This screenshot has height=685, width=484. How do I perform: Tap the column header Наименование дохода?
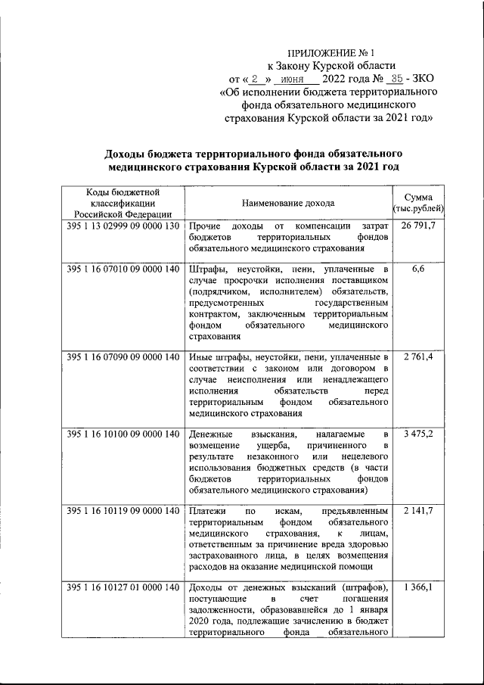288,204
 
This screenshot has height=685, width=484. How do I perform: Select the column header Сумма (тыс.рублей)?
418,203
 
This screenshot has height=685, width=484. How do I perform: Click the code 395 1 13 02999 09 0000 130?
123,226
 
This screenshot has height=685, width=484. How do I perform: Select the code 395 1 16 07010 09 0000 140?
123,269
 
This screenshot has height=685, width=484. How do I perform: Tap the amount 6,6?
418,269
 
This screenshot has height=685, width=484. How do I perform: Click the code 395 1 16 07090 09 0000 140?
123,357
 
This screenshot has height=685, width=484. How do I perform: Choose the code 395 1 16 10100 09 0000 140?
123,434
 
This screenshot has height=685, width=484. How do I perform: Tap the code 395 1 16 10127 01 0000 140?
123,588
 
